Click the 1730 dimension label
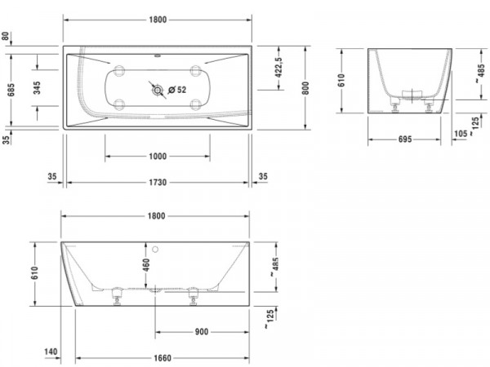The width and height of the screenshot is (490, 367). click(158, 182)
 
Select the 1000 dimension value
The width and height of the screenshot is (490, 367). click(158, 156)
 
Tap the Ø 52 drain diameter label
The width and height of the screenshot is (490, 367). click(177, 90)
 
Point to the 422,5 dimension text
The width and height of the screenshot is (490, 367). click(278, 67)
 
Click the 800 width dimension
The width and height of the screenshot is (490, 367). click(305, 88)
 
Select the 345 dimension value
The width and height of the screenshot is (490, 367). click(37, 88)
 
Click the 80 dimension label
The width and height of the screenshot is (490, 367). click(6, 36)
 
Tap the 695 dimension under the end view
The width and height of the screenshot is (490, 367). click(405, 139)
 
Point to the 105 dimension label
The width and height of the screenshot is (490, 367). click(461, 134)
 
